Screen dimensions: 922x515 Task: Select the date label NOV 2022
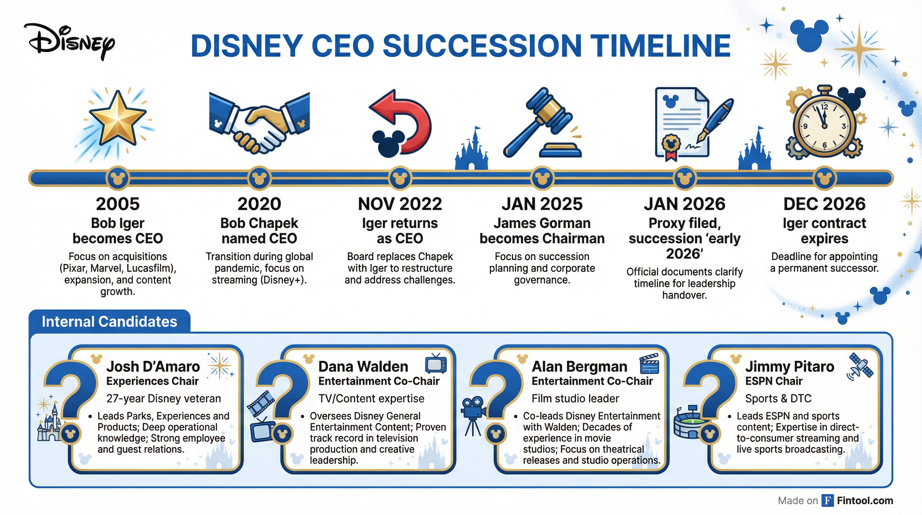pos(400,204)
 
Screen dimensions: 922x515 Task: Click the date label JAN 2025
pos(542,204)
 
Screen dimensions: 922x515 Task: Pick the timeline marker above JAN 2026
pos(684,178)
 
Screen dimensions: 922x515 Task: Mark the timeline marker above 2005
pos(118,178)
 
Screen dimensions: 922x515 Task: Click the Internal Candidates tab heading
pos(110,321)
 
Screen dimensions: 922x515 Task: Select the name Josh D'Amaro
pos(153,366)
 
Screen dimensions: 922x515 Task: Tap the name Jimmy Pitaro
pos(790,366)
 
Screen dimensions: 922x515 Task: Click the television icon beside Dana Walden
pos(436,363)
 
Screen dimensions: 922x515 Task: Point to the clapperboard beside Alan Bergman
pos(649,363)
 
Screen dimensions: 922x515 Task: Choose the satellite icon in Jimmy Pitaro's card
pos(860,367)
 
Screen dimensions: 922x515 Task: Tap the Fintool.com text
pos(865,500)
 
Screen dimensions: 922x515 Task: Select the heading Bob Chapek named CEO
pos(259,231)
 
